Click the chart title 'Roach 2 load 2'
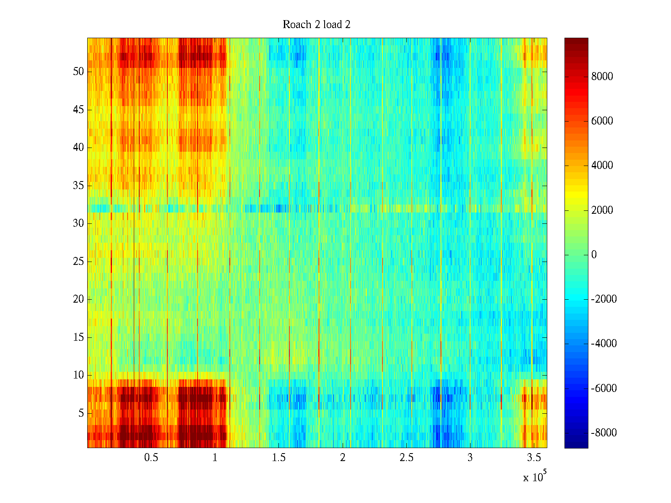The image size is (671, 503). click(317, 25)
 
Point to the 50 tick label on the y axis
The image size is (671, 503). click(78, 72)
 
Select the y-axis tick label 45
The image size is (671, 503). click(78, 110)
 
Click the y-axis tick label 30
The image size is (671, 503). click(78, 223)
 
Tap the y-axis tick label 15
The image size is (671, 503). click(78, 337)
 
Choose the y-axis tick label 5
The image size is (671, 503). click(81, 413)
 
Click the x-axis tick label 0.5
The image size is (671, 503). click(151, 458)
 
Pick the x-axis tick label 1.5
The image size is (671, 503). click(279, 458)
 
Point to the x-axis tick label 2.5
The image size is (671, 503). click(406, 458)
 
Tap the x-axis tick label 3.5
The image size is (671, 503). click(534, 458)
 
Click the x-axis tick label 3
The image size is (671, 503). click(470, 458)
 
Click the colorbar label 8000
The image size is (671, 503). click(602, 76)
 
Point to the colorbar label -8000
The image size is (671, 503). click(604, 433)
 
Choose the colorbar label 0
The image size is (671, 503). click(594, 254)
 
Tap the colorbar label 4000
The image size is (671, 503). click(602, 166)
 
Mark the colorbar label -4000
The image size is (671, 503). click(604, 344)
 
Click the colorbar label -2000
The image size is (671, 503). click(604, 299)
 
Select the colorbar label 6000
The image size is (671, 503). click(602, 121)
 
